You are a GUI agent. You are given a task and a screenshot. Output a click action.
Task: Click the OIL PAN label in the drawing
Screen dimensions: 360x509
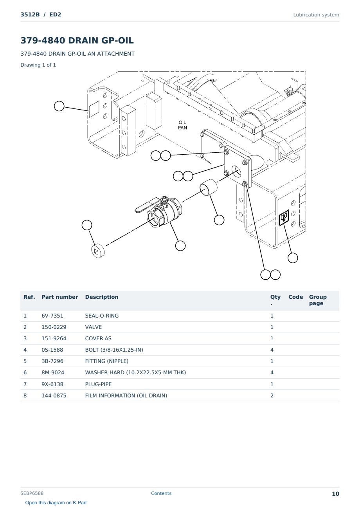[x=182, y=125]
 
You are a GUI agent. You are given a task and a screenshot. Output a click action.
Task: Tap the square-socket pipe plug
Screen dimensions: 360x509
[x=98, y=251]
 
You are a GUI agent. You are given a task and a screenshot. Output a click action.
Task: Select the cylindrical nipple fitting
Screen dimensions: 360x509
[x=208, y=188]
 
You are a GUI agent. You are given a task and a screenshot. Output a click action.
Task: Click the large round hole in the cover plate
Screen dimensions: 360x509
[x=236, y=171]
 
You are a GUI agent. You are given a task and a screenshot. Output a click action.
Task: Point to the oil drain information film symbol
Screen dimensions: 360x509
[x=284, y=218]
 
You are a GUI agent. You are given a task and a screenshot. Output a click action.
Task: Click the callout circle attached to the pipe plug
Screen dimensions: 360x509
[x=87, y=225]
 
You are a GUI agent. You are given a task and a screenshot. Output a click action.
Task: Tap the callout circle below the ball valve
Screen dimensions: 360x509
[x=180, y=246]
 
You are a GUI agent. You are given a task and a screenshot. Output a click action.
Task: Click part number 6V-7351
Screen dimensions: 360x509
[x=52, y=316]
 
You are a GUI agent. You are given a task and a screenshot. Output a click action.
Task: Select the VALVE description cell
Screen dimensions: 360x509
[x=94, y=327]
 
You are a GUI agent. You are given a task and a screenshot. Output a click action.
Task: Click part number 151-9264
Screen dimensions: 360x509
[x=54, y=338]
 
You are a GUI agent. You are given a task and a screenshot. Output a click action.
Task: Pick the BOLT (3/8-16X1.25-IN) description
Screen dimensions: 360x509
[x=114, y=350]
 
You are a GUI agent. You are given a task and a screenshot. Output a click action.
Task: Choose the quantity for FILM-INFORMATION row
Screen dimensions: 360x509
[x=272, y=395]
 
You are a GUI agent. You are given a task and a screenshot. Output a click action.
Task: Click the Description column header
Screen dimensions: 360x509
[x=101, y=297]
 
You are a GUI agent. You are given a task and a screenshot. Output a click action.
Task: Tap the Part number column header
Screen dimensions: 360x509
[x=60, y=297]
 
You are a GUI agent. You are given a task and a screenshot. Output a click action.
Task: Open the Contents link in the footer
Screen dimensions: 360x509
[x=161, y=493]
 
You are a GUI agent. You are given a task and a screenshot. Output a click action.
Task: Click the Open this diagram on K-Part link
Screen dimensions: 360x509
[x=56, y=503]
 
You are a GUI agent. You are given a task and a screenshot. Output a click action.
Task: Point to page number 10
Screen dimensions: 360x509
[x=335, y=494]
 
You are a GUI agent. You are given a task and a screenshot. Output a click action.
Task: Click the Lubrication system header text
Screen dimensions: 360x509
[x=316, y=15]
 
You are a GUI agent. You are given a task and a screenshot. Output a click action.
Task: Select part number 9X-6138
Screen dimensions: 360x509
[x=52, y=384]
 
